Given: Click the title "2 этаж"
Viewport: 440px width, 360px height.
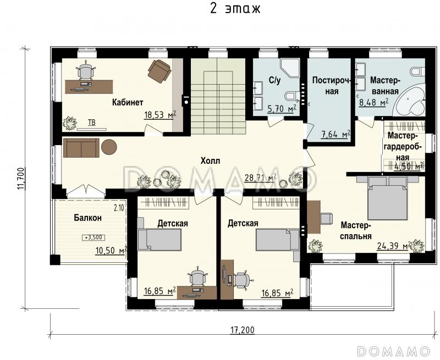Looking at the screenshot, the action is (x=235, y=8).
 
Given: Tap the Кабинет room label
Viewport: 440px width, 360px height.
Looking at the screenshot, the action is (x=128, y=102).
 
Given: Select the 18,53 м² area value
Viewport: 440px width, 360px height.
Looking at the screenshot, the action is (x=160, y=114).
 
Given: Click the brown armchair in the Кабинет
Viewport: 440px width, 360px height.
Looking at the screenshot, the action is (x=159, y=71).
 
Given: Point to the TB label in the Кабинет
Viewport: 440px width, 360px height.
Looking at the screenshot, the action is (x=92, y=123).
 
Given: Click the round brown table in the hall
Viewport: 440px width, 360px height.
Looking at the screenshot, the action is (x=109, y=147).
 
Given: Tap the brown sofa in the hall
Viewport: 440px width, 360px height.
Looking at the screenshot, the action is (x=81, y=147).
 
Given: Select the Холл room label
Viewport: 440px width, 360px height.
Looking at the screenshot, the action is (x=211, y=161).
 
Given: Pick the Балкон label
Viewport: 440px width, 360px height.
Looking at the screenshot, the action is (x=88, y=218).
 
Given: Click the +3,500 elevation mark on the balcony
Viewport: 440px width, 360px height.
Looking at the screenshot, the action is (x=94, y=237).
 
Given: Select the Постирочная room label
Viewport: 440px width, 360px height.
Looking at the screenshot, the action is (x=332, y=86).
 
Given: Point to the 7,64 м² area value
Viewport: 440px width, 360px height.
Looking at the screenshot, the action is (x=335, y=134).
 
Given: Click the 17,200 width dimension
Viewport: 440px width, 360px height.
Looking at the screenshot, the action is (x=243, y=329).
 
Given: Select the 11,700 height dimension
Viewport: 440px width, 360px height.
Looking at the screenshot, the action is (x=21, y=179).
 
